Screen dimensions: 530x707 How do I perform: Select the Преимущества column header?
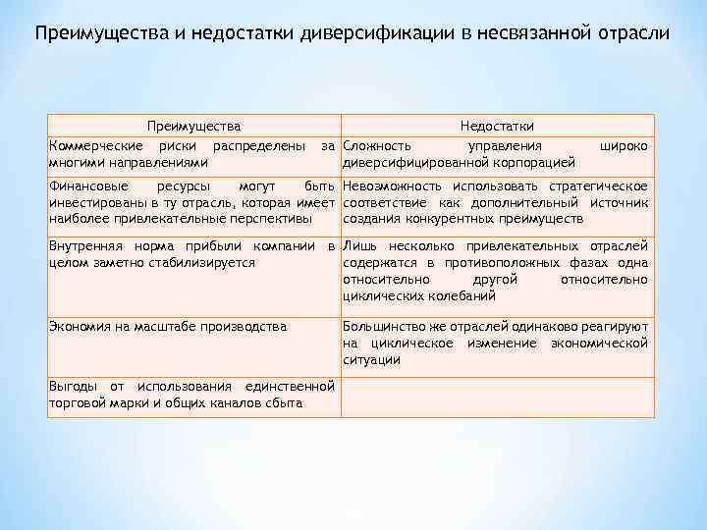point(193,127)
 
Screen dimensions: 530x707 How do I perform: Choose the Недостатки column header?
point(497,127)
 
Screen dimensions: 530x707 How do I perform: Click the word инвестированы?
point(95,202)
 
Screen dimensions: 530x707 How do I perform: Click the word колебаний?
point(462,295)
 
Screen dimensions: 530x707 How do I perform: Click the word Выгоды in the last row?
point(75,386)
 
